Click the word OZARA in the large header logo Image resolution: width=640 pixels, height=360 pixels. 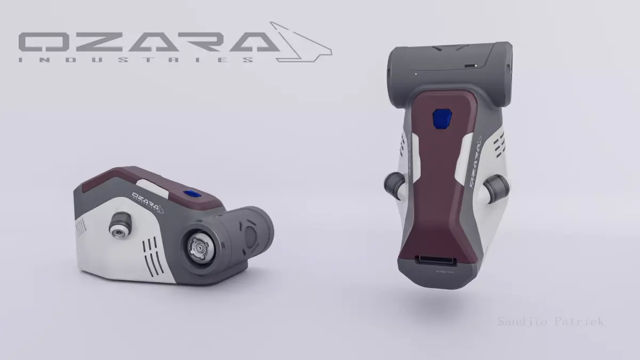(144, 42)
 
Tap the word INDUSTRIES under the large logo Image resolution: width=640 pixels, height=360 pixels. (136, 60)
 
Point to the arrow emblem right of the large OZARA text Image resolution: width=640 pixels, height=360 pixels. (302, 43)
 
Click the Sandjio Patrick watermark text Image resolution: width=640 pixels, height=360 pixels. (550, 322)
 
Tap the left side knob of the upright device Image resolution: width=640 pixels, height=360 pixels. (394, 185)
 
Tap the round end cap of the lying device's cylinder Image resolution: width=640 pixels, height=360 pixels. (250, 235)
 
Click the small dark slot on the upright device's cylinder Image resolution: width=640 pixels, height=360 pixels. (470, 66)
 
